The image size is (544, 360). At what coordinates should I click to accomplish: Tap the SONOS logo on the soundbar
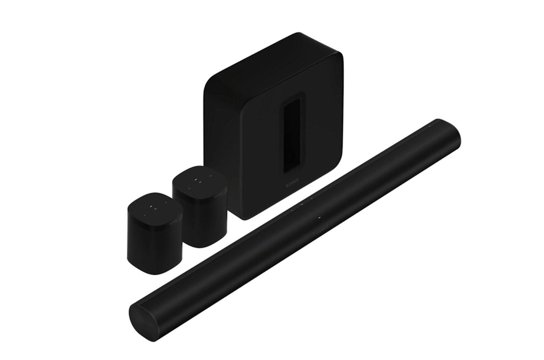click(x=323, y=229)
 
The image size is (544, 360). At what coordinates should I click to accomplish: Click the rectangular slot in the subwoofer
click(x=294, y=134)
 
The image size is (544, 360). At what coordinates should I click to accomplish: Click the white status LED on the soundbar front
click(x=319, y=217)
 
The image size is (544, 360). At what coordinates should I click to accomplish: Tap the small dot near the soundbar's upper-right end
click(x=429, y=126)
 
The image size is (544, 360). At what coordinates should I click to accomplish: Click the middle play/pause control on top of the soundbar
click(x=301, y=204)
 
